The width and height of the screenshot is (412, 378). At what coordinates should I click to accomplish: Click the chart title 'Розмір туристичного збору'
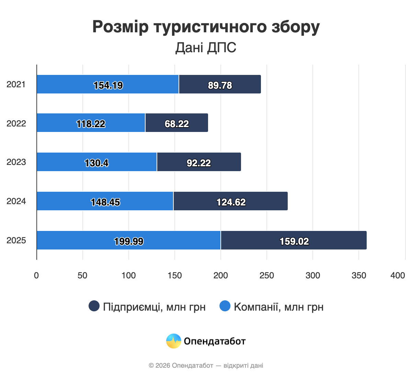click(x=206, y=27)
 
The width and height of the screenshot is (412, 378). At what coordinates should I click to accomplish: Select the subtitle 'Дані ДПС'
click(x=206, y=48)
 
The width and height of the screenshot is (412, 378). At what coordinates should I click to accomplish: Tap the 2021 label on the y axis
click(x=16, y=85)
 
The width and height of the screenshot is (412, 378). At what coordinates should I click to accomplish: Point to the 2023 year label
click(x=16, y=162)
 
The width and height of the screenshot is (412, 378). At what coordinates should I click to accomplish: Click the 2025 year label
click(x=16, y=241)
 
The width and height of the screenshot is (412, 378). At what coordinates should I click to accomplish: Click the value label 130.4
click(x=96, y=163)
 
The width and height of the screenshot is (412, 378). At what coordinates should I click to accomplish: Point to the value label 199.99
click(x=129, y=241)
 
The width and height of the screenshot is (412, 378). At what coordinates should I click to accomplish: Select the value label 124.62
click(x=231, y=202)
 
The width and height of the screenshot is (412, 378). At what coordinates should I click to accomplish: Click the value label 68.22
click(x=177, y=124)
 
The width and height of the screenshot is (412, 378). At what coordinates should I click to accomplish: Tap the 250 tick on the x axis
click(x=267, y=275)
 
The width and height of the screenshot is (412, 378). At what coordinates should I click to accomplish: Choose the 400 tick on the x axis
click(x=398, y=275)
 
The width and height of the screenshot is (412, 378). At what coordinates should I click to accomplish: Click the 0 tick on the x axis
click(x=36, y=275)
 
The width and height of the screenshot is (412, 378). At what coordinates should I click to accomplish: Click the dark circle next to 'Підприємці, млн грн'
click(x=94, y=306)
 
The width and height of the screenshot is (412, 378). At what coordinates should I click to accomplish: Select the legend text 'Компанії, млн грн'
click(x=278, y=307)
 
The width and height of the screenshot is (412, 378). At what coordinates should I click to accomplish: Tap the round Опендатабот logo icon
click(x=174, y=341)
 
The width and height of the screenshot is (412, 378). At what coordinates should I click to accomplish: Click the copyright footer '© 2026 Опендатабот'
click(x=181, y=365)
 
